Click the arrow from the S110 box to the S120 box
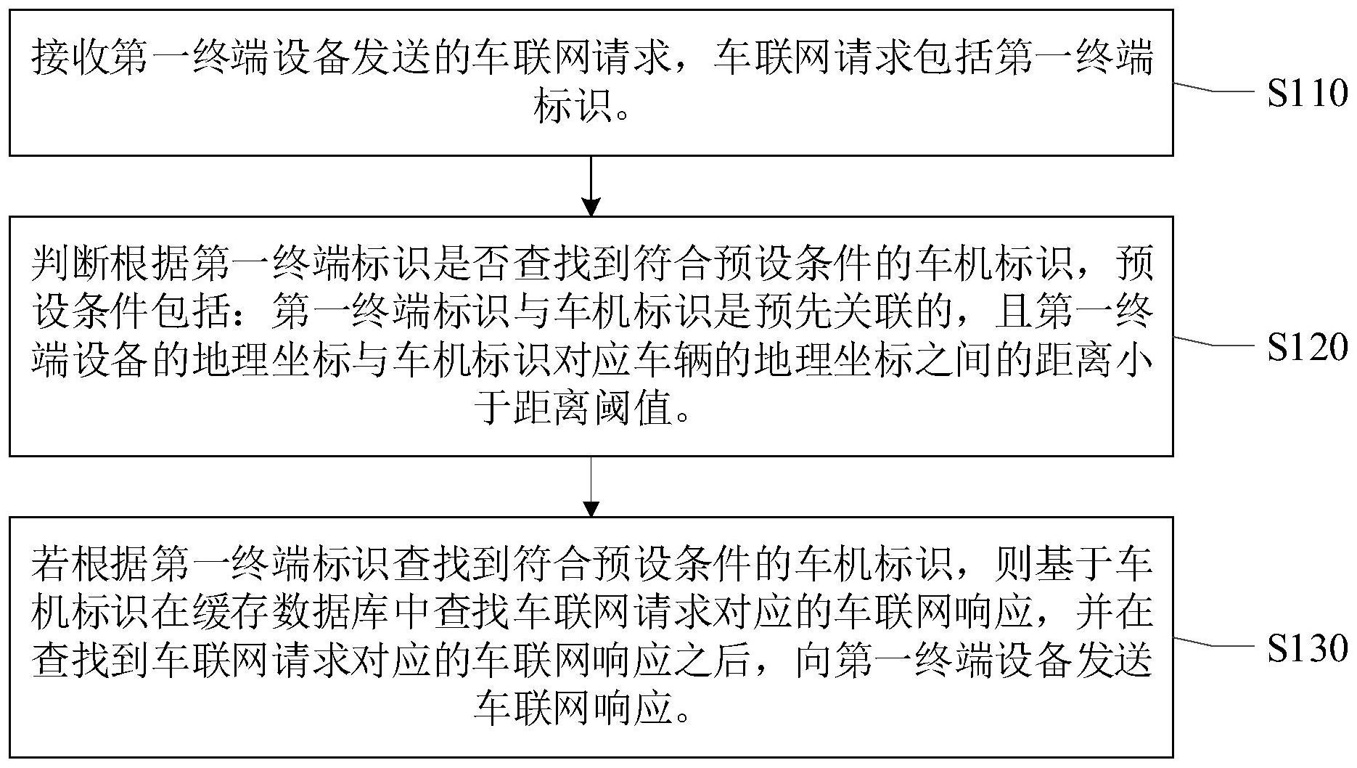click(x=591, y=186)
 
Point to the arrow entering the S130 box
click(x=591, y=486)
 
